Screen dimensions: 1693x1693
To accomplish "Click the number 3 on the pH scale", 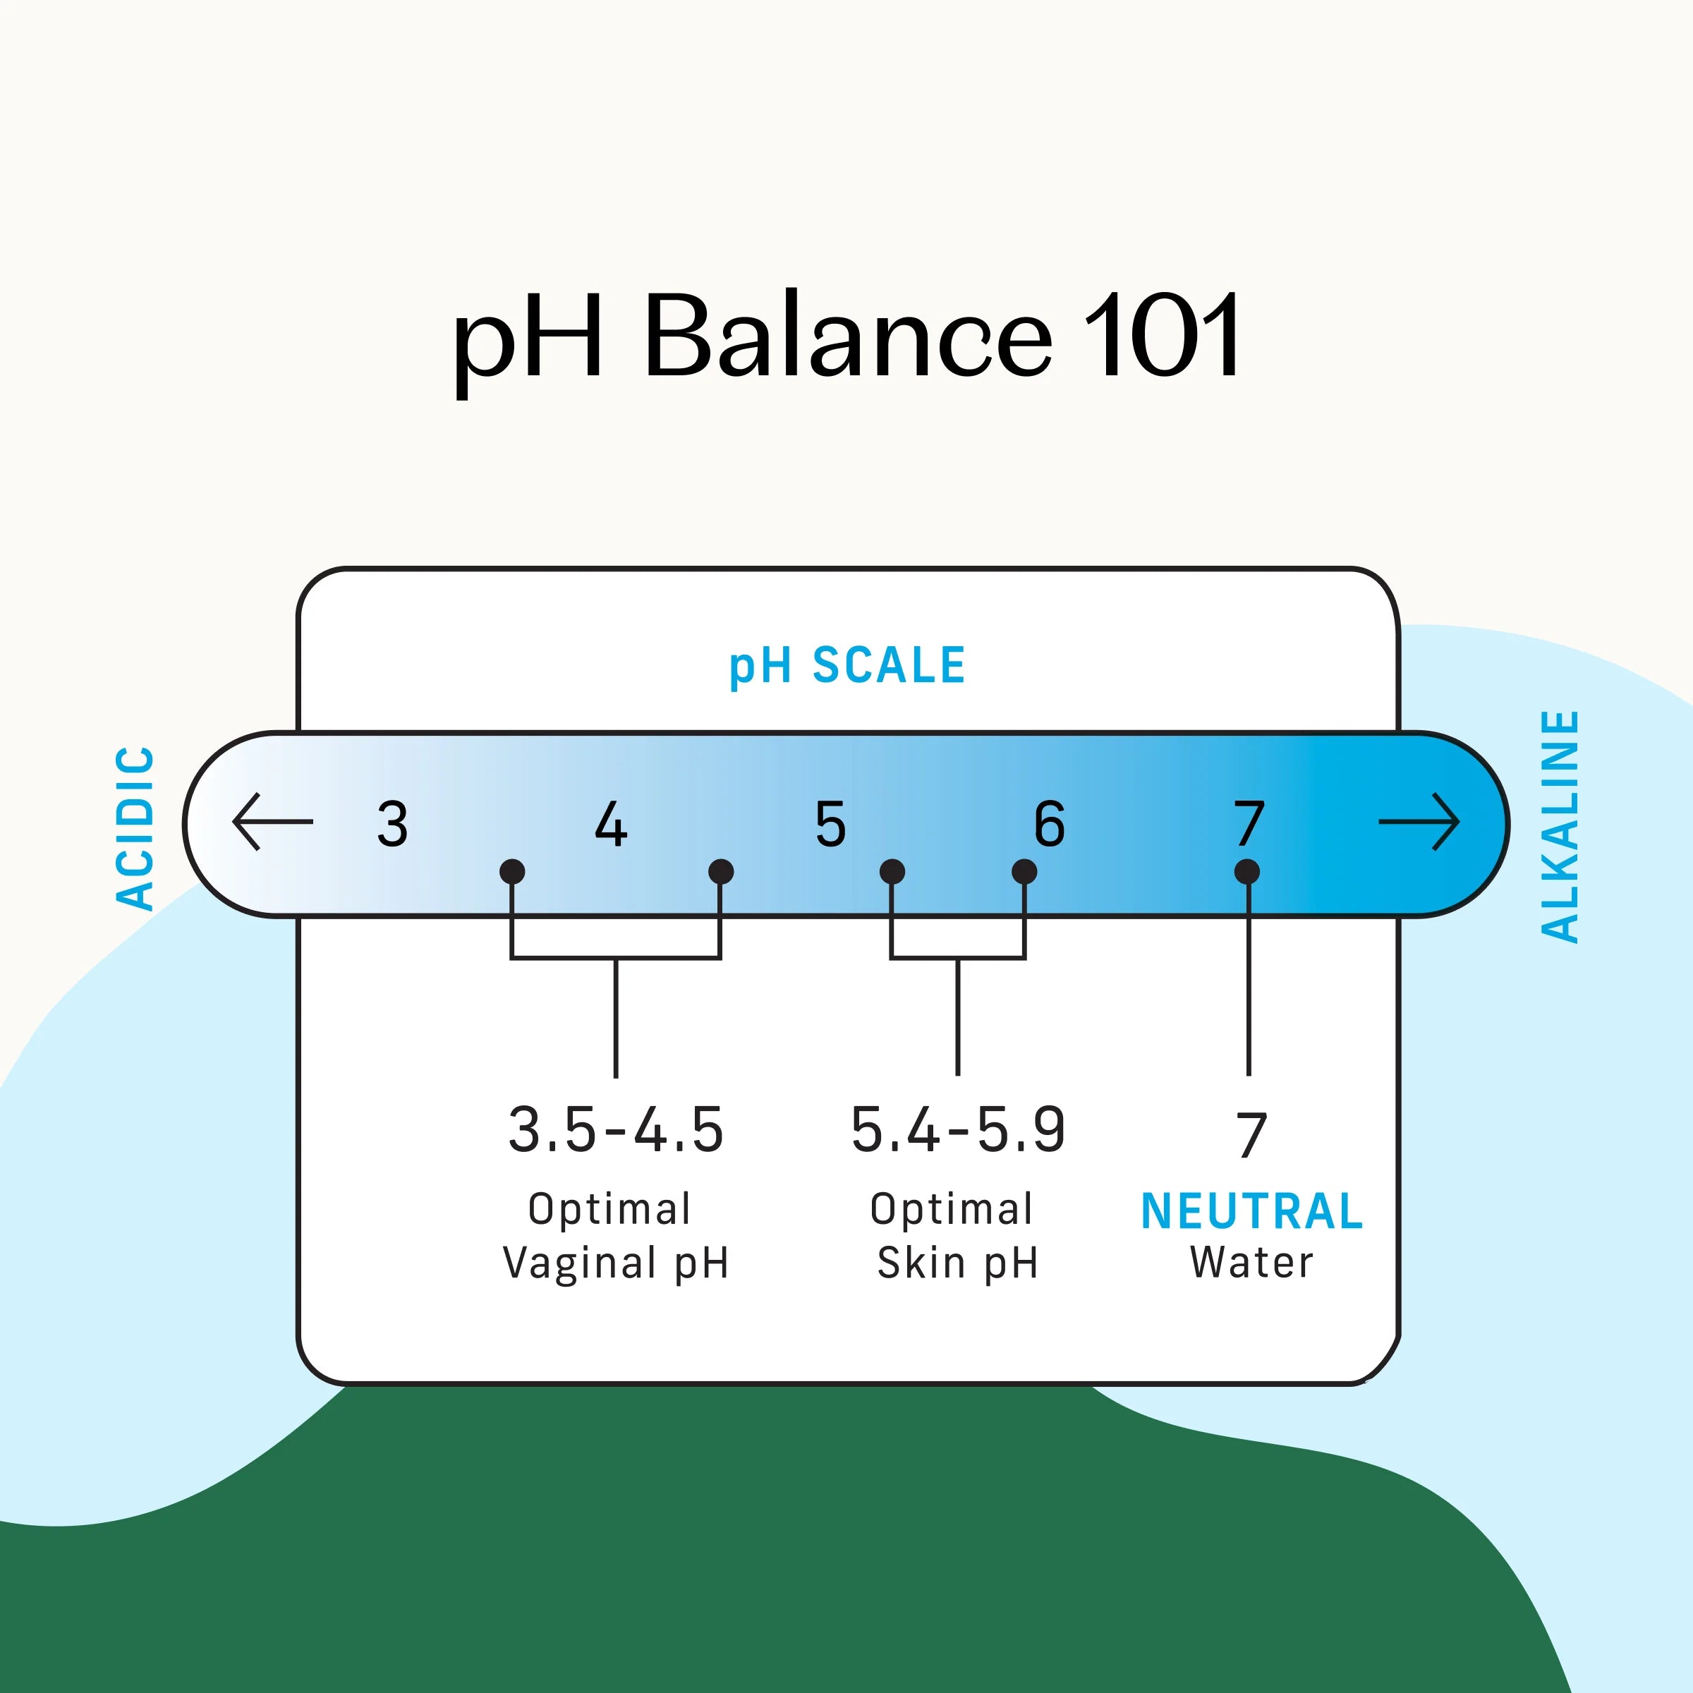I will click(x=393, y=824).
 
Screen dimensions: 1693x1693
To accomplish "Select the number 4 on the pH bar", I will click(x=611, y=824).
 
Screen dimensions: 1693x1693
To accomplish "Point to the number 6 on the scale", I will click(x=1049, y=824).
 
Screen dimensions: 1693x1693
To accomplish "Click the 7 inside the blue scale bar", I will click(x=1249, y=824).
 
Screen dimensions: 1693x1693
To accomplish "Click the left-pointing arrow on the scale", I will click(x=272, y=822).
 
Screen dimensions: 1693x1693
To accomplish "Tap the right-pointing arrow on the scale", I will click(x=1419, y=822).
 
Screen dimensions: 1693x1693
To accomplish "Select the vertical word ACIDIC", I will click(x=136, y=828).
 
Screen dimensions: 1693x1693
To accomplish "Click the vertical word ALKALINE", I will click(x=1560, y=826).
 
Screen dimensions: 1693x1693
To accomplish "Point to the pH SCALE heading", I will click(x=847, y=666).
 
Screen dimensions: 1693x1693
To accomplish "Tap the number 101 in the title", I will click(x=1162, y=337).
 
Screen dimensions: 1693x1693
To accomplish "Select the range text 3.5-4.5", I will click(x=616, y=1129).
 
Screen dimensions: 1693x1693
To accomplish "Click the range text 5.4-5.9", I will click(x=958, y=1129).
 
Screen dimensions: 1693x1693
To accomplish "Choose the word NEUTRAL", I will click(x=1251, y=1212).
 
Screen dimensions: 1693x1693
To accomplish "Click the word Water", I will click(x=1251, y=1263).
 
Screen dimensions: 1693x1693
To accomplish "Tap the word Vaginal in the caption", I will click(x=580, y=1263).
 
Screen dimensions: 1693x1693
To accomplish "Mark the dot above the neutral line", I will click(x=1247, y=872).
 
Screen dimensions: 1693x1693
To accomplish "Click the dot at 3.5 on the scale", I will click(x=511, y=872).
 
